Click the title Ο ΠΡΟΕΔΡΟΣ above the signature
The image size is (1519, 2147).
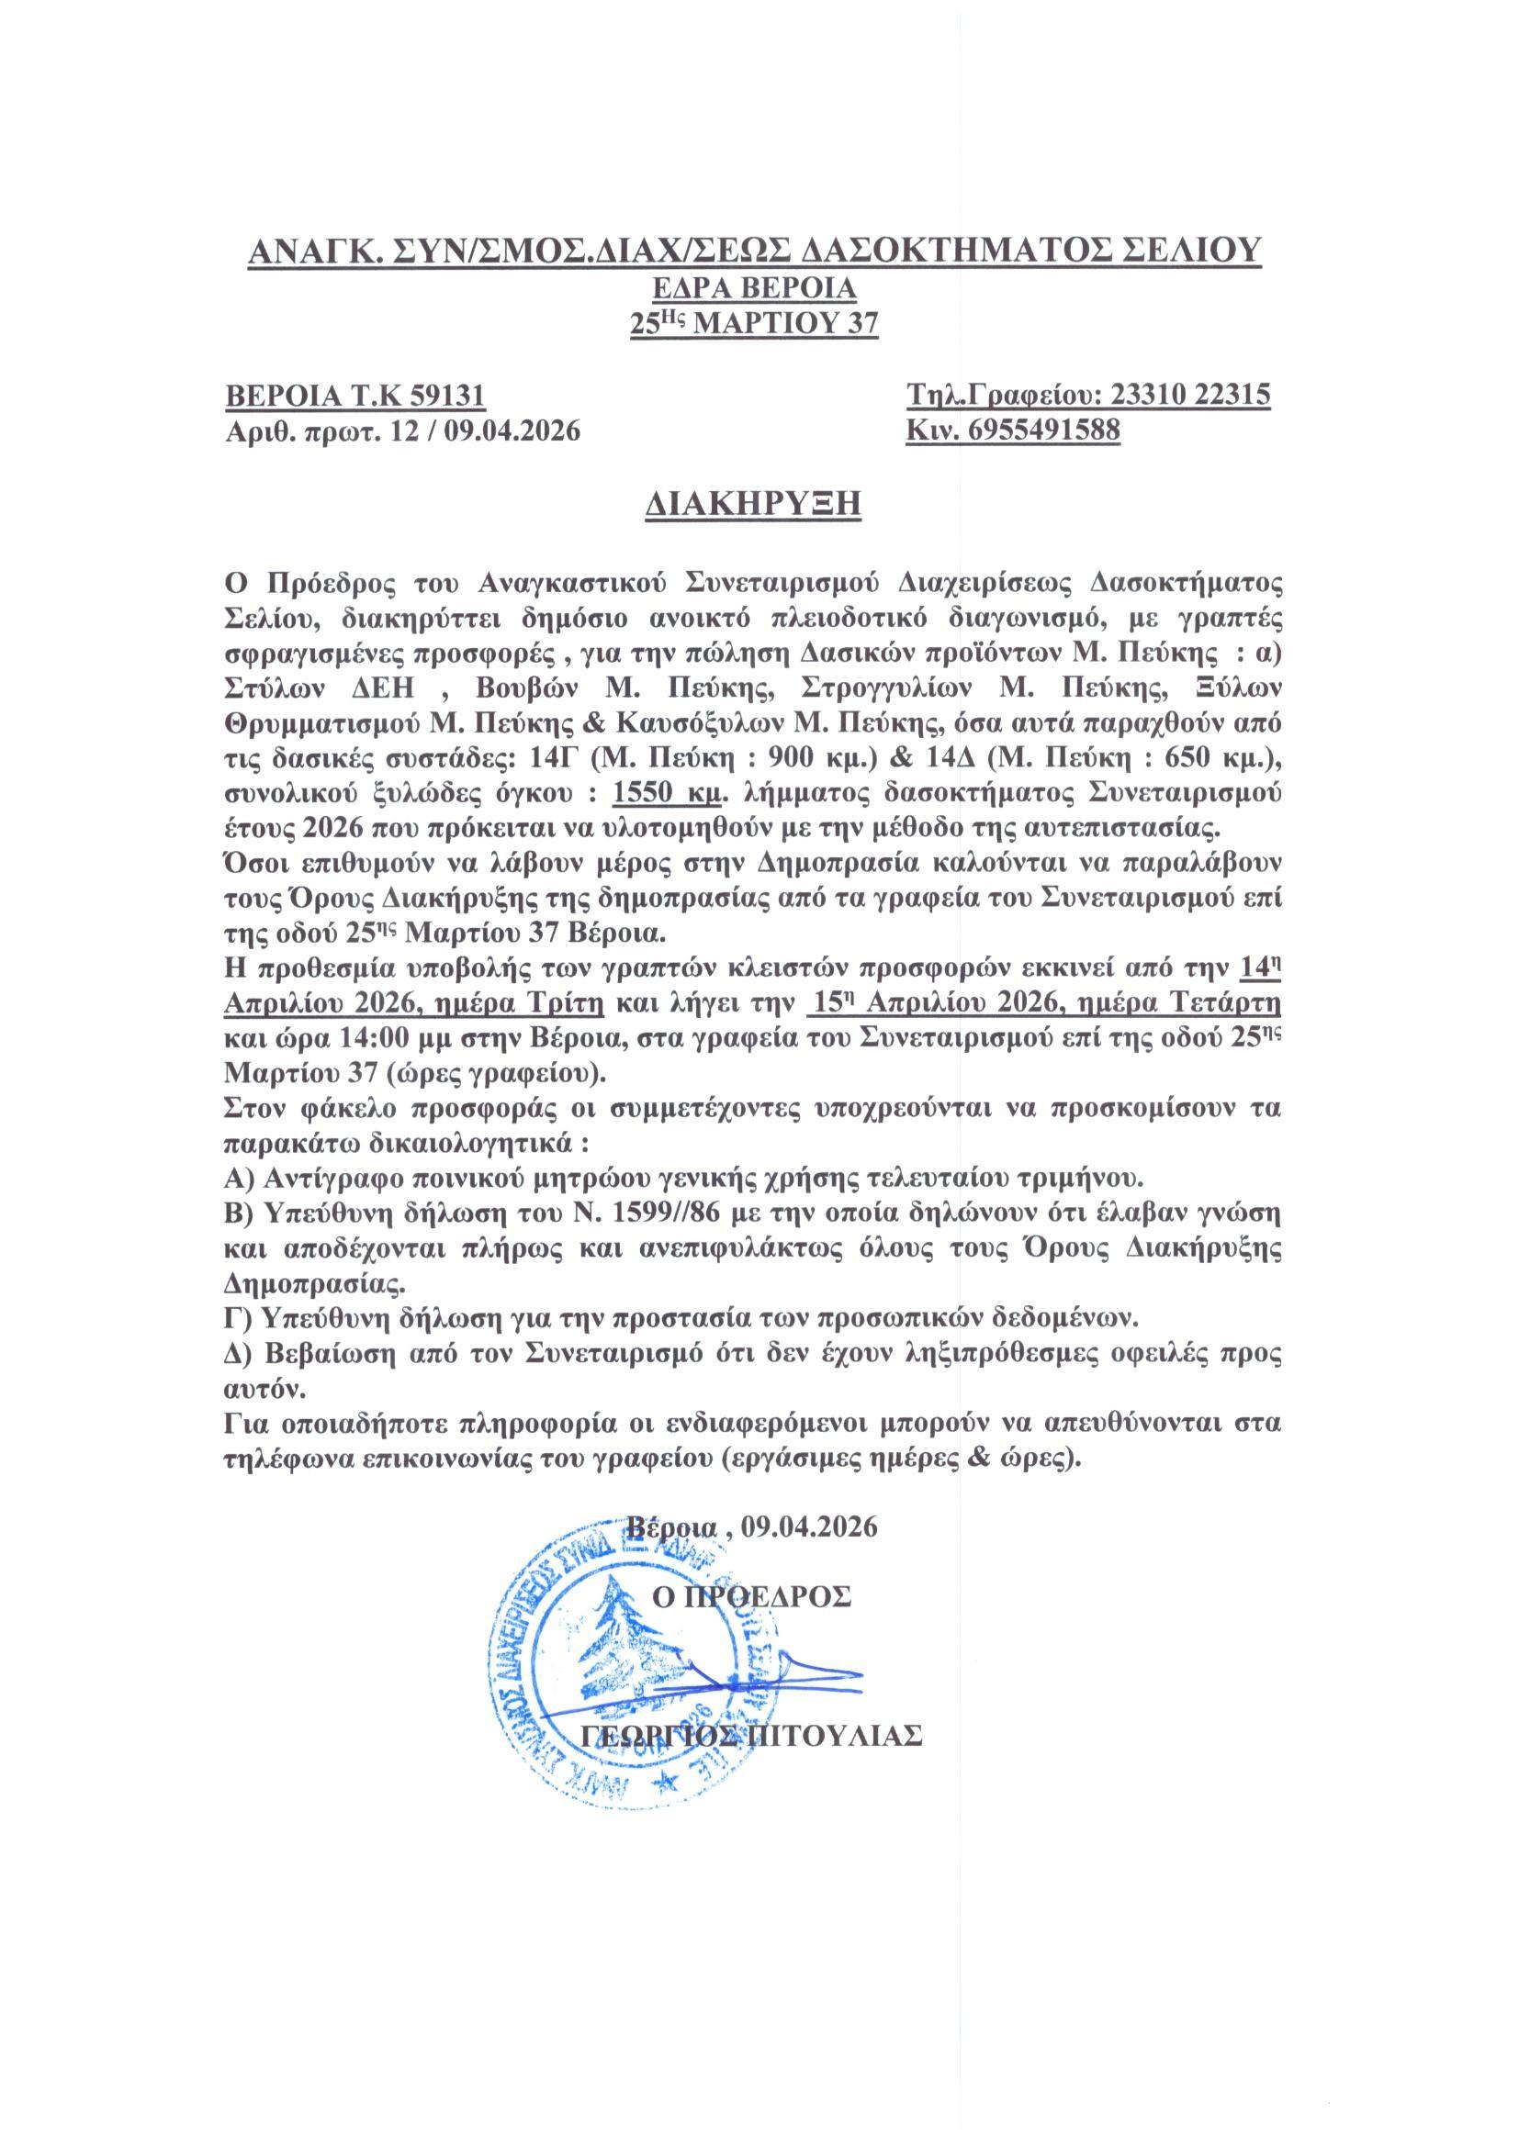tap(751, 1597)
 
